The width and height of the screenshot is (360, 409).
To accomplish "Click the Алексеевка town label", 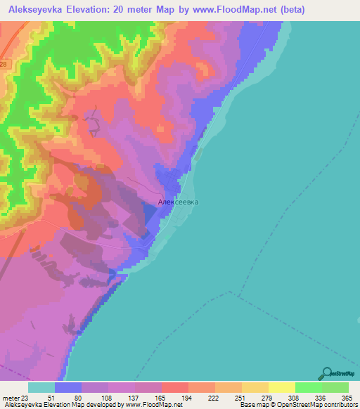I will (179, 202).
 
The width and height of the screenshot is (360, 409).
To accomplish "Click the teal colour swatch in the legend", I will (41, 387).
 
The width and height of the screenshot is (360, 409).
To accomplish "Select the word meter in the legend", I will (11, 397).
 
